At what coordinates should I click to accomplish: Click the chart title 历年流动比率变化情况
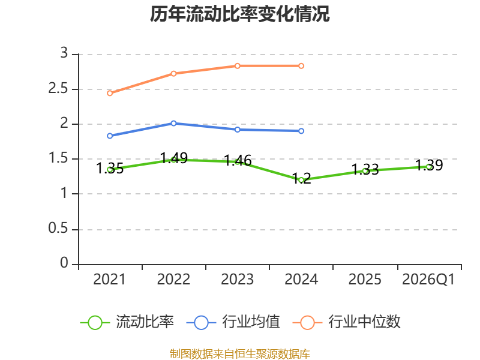click(x=239, y=14)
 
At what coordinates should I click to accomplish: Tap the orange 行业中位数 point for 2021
click(x=110, y=93)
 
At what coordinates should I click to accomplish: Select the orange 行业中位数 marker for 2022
click(x=173, y=73)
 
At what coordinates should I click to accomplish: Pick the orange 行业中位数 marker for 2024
click(x=301, y=66)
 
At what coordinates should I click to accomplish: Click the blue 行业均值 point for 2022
click(x=173, y=123)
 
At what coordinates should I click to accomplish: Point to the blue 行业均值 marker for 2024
click(x=301, y=131)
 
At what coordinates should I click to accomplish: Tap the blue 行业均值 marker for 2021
click(x=110, y=136)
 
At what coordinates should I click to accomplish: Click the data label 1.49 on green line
click(x=174, y=158)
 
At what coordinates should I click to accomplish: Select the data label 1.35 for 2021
click(x=110, y=168)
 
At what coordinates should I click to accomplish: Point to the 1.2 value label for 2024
click(x=302, y=178)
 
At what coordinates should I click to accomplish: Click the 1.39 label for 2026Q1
click(x=429, y=166)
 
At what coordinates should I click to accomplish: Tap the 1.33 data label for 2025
click(x=365, y=169)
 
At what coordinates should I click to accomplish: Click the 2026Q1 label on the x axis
click(x=428, y=279)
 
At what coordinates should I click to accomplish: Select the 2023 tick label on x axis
click(x=237, y=279)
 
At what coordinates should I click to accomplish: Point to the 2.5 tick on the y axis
click(x=58, y=88)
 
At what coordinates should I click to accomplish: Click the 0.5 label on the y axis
click(x=58, y=228)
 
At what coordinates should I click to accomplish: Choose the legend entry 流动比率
click(x=127, y=322)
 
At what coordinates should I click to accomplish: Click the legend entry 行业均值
click(x=233, y=322)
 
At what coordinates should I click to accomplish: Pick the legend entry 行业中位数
click(x=347, y=322)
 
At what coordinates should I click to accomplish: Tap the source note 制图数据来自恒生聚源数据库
click(x=240, y=354)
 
